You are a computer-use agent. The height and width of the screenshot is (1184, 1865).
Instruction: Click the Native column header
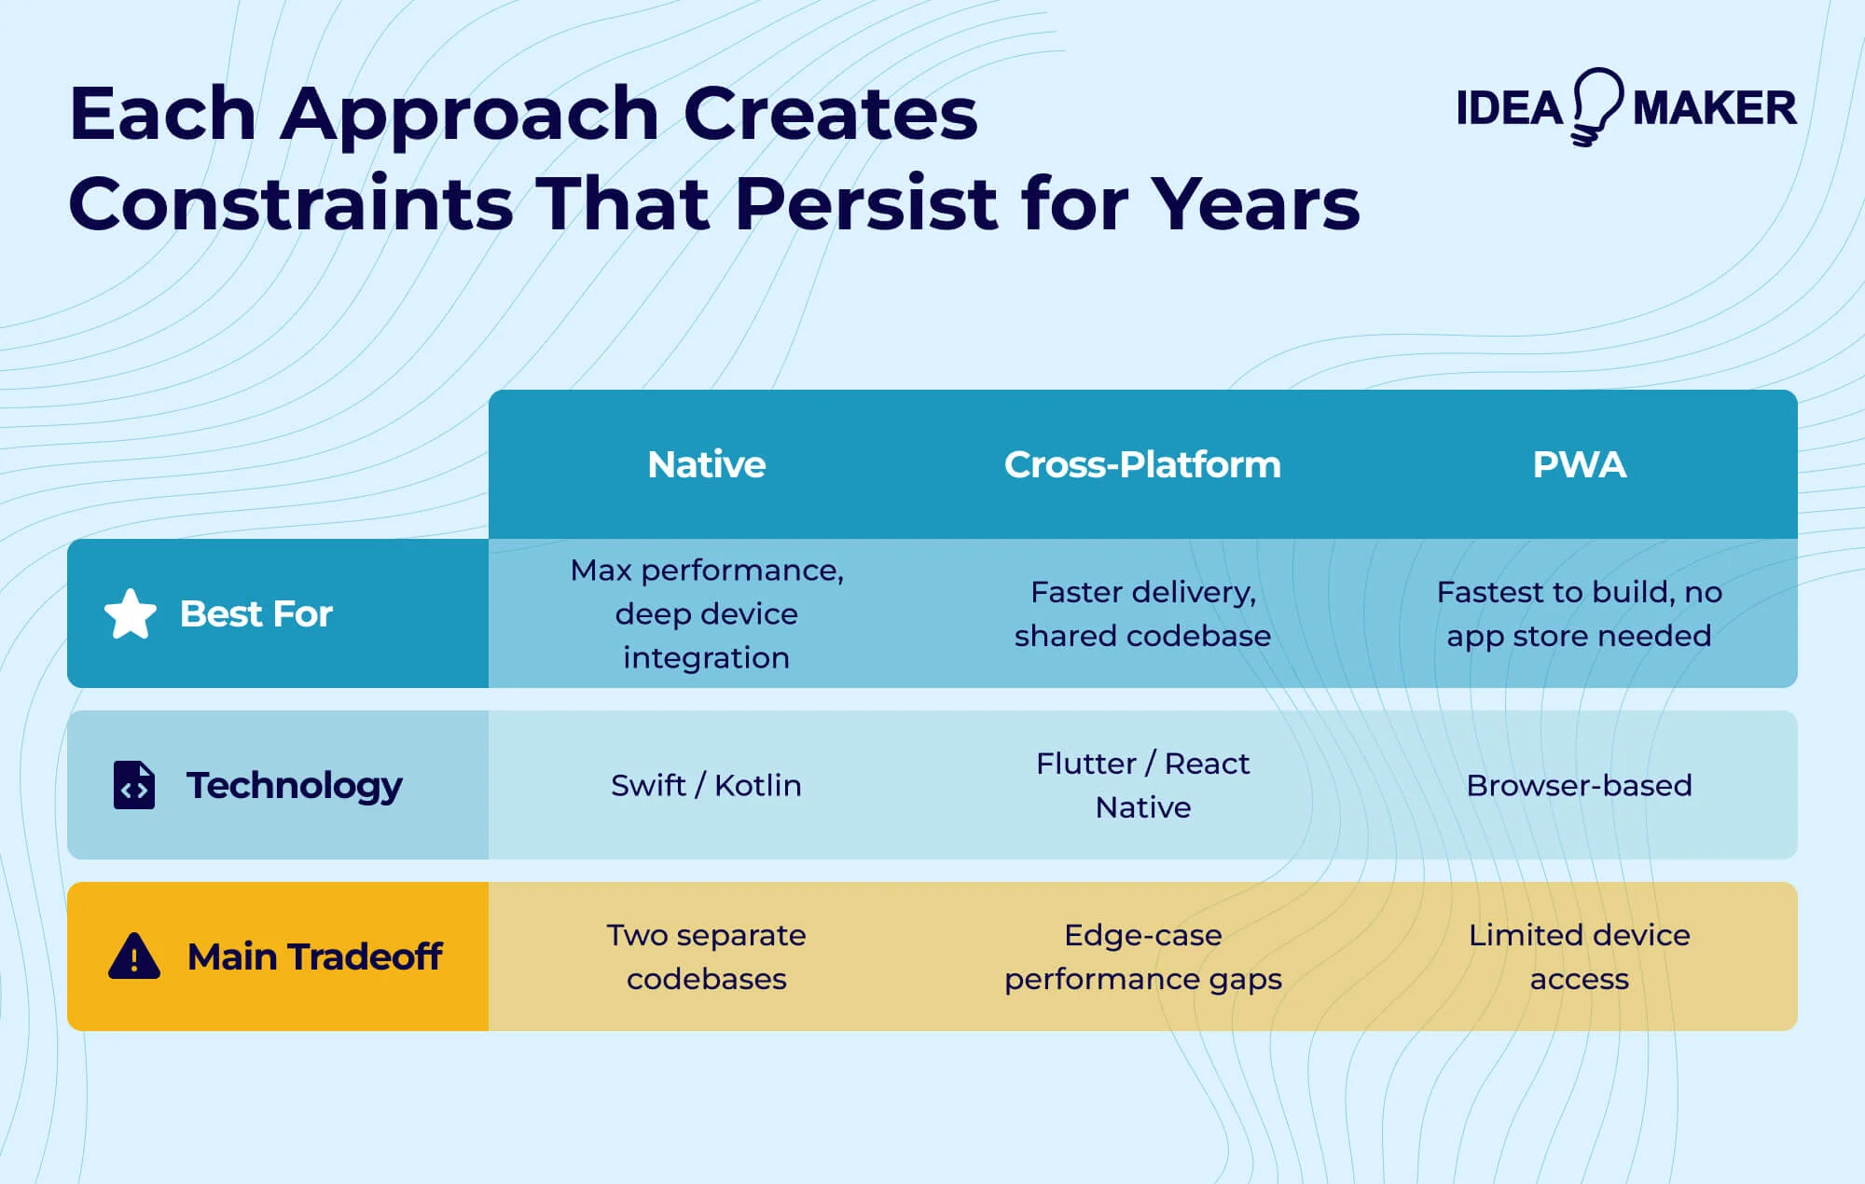pos(706,464)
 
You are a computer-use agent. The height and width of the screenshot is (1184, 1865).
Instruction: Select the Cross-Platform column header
pos(1142,464)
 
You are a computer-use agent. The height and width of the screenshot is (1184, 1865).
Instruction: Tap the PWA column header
pos(1579,464)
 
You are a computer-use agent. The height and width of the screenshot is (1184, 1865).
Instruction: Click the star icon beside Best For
pos(131,614)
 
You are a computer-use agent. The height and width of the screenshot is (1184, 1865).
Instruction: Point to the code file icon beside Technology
pos(134,785)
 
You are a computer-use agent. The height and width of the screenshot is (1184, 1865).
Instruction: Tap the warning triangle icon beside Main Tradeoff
pos(134,957)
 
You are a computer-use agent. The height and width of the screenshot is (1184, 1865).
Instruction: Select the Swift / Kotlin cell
pos(706,785)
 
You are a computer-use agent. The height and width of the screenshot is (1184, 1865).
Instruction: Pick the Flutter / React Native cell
pos(1142,785)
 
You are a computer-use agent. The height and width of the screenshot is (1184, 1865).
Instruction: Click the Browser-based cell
pos(1579,785)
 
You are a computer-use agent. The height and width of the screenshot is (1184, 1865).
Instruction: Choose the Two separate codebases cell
pos(706,957)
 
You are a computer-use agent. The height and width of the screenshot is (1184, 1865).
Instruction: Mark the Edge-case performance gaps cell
pos(1142,957)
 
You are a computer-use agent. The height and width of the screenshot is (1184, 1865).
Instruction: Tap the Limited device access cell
pos(1579,957)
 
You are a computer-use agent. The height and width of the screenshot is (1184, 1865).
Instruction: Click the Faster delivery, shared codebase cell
pos(1142,613)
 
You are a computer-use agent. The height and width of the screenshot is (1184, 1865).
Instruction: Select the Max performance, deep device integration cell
pos(706,613)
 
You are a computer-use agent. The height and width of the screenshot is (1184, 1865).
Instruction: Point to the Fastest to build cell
pos(1579,613)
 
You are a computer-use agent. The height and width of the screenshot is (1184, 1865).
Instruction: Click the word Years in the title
pos(1254,203)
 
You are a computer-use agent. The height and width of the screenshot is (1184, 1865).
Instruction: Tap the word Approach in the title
pos(469,115)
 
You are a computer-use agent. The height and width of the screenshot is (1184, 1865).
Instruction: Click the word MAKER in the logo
pos(1714,108)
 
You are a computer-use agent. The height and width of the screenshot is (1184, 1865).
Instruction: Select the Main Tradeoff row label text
pos(314,957)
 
